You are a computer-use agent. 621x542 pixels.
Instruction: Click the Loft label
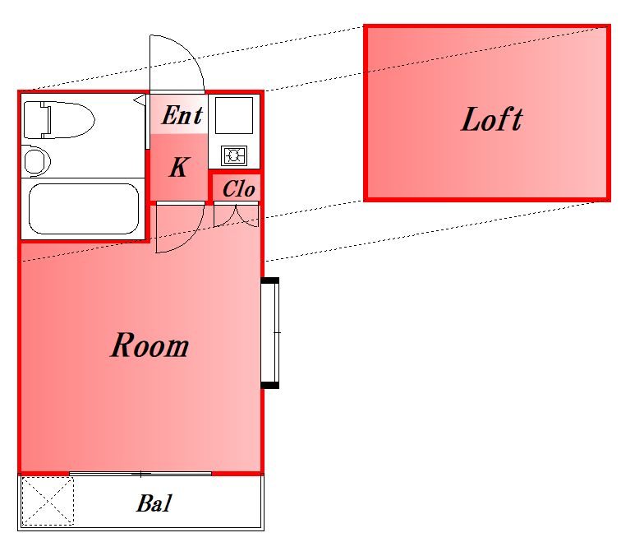point(492,119)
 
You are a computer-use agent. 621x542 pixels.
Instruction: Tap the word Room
point(149,345)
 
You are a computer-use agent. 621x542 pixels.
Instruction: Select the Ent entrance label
point(182,115)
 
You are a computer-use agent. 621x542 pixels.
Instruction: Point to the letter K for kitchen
point(179,167)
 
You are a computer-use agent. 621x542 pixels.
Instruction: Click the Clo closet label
point(238,188)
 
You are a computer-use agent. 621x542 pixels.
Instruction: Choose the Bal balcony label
point(154,503)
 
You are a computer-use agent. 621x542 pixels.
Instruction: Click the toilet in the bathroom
point(59,120)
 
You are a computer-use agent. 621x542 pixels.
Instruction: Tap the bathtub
point(84,209)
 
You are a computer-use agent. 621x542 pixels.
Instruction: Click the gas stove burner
point(234,155)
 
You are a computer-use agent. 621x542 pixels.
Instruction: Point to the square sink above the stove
point(233,115)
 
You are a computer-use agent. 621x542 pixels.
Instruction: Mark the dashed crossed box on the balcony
point(48,501)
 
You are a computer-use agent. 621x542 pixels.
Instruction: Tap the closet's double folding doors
point(237,215)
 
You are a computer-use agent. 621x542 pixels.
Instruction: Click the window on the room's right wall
point(270,332)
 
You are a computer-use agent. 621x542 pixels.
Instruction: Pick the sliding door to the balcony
point(140,474)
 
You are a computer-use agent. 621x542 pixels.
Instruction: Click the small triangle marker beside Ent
point(140,100)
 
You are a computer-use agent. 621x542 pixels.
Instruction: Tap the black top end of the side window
point(270,280)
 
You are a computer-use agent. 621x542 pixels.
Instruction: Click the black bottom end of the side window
point(270,385)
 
